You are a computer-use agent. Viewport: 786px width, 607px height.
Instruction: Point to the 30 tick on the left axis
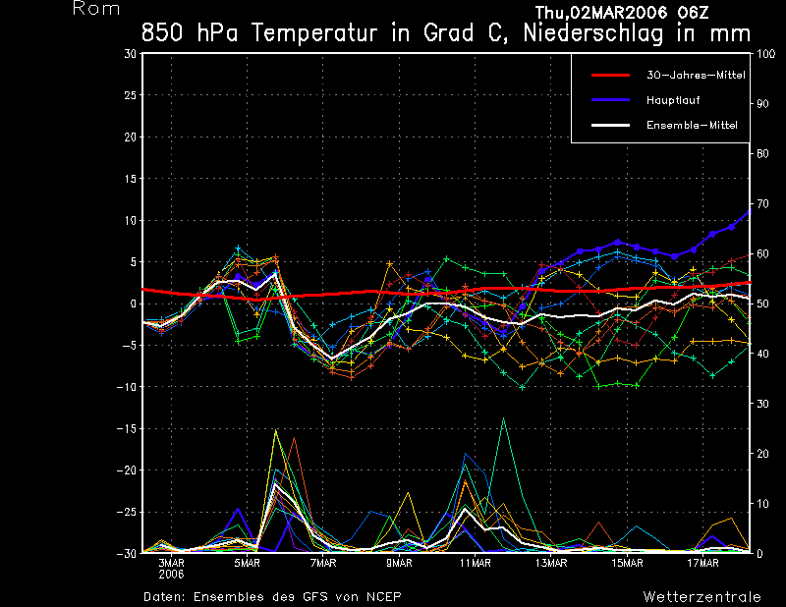(131, 54)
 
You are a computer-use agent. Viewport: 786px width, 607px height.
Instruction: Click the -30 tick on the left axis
(127, 553)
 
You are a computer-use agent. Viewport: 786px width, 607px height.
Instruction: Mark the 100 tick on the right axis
(763, 54)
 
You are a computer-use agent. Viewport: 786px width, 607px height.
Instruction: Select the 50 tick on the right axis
(760, 303)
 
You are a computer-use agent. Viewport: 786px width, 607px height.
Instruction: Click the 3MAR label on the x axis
(171, 563)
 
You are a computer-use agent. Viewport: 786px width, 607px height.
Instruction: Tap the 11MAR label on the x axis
(476, 563)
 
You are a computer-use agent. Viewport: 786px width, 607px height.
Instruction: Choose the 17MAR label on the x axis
(704, 563)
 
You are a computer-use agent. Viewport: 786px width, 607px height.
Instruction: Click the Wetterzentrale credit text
(702, 596)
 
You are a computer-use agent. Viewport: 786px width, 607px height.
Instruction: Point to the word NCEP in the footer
(384, 596)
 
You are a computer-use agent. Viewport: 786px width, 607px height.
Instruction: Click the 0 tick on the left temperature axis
(134, 303)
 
